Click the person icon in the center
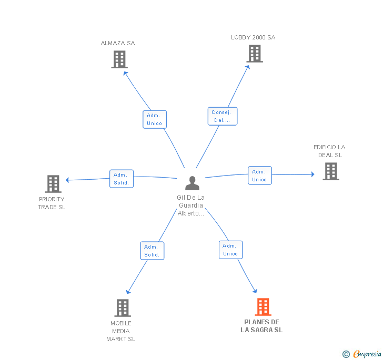click(x=192, y=183)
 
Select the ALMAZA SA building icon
click(x=119, y=59)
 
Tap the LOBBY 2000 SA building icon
click(x=255, y=54)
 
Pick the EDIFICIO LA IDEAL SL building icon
click(x=331, y=171)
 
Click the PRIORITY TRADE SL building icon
click(x=53, y=184)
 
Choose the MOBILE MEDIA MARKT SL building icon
click(x=123, y=308)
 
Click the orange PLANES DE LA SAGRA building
click(x=263, y=307)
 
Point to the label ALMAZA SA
click(x=118, y=43)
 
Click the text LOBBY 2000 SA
click(x=253, y=37)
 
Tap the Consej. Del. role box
click(x=222, y=116)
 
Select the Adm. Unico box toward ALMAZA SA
click(x=155, y=119)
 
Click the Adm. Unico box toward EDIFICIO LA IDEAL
click(x=260, y=176)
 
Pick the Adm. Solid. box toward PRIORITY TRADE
click(x=122, y=179)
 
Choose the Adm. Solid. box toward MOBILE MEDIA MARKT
click(x=152, y=251)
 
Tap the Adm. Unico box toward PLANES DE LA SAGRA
click(x=230, y=250)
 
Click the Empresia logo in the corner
click(x=362, y=354)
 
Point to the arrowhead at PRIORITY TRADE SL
click(x=67, y=180)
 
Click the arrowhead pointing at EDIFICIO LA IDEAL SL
click(x=313, y=174)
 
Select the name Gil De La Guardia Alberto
click(x=191, y=205)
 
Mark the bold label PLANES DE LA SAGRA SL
click(x=261, y=326)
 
